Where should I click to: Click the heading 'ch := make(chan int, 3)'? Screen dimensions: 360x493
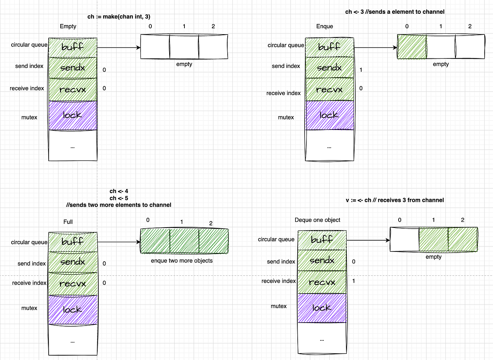119,17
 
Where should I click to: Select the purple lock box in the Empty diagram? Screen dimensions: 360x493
73,115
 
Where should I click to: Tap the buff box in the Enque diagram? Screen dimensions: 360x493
329,47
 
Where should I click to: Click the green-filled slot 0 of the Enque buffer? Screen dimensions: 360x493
412,47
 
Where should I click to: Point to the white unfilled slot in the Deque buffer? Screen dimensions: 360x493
404,239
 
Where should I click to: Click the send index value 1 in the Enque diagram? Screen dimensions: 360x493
361,70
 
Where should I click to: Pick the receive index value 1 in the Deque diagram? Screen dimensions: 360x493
354,281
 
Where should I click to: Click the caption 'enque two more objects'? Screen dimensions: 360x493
182,261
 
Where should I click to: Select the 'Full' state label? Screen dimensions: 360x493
68,222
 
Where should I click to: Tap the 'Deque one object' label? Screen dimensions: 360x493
317,220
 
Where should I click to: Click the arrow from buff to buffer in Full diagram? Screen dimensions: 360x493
119,242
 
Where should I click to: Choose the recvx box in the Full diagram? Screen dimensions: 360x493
73,284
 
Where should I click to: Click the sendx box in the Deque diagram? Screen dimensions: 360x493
322,260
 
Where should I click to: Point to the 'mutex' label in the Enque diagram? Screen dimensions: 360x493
286,117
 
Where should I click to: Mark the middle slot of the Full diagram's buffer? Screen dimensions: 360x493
184,241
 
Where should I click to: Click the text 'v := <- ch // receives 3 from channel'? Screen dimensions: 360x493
395,200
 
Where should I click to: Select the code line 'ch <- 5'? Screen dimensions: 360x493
119,198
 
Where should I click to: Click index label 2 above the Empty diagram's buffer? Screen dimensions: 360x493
213,26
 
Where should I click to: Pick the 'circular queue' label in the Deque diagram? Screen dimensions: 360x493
276,239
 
